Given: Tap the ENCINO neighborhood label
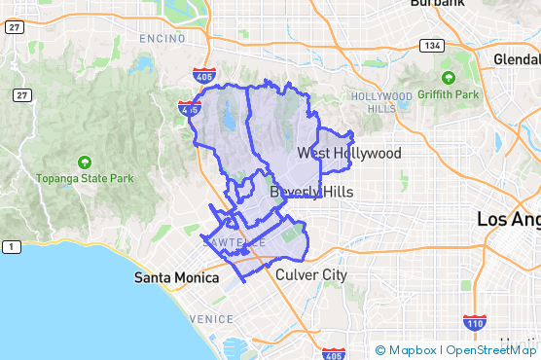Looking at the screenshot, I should tap(162, 38).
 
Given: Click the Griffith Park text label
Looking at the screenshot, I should tap(449, 94).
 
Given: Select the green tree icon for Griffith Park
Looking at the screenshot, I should tap(449, 78).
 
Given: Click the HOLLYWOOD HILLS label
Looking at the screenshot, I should tap(381, 102).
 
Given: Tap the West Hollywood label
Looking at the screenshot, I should tap(349, 154).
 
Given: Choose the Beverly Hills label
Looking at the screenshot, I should tap(311, 192).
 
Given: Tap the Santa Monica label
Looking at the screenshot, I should tap(176, 277).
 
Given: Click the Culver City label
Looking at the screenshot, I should tap(311, 275).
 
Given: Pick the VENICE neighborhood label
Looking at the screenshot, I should tap(211, 319).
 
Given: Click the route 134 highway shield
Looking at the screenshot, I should tap(431, 46).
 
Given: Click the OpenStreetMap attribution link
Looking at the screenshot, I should tap(491, 350).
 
